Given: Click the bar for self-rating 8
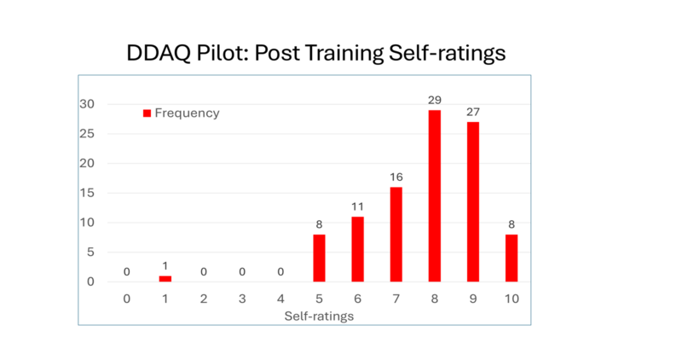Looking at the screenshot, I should coord(435,196).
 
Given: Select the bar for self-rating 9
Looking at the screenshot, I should coord(472,202).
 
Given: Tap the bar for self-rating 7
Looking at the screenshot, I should coord(396,235).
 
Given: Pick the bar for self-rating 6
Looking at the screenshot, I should coord(358,249).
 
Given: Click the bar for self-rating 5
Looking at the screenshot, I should coord(319,258).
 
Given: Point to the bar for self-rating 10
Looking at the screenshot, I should coord(511,258).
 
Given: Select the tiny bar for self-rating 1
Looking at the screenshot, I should coord(165,279).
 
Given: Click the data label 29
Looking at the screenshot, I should coord(435,101).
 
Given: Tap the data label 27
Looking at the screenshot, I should coord(472,113).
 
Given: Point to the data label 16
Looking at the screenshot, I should coord(396,177).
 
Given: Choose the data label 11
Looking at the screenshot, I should coord(358,207).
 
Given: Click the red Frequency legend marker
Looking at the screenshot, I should coord(147,113).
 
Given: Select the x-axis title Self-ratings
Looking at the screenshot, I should coord(319,316).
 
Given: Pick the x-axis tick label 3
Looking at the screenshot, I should coord(242,299).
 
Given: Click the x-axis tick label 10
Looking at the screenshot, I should coord(511,299).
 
